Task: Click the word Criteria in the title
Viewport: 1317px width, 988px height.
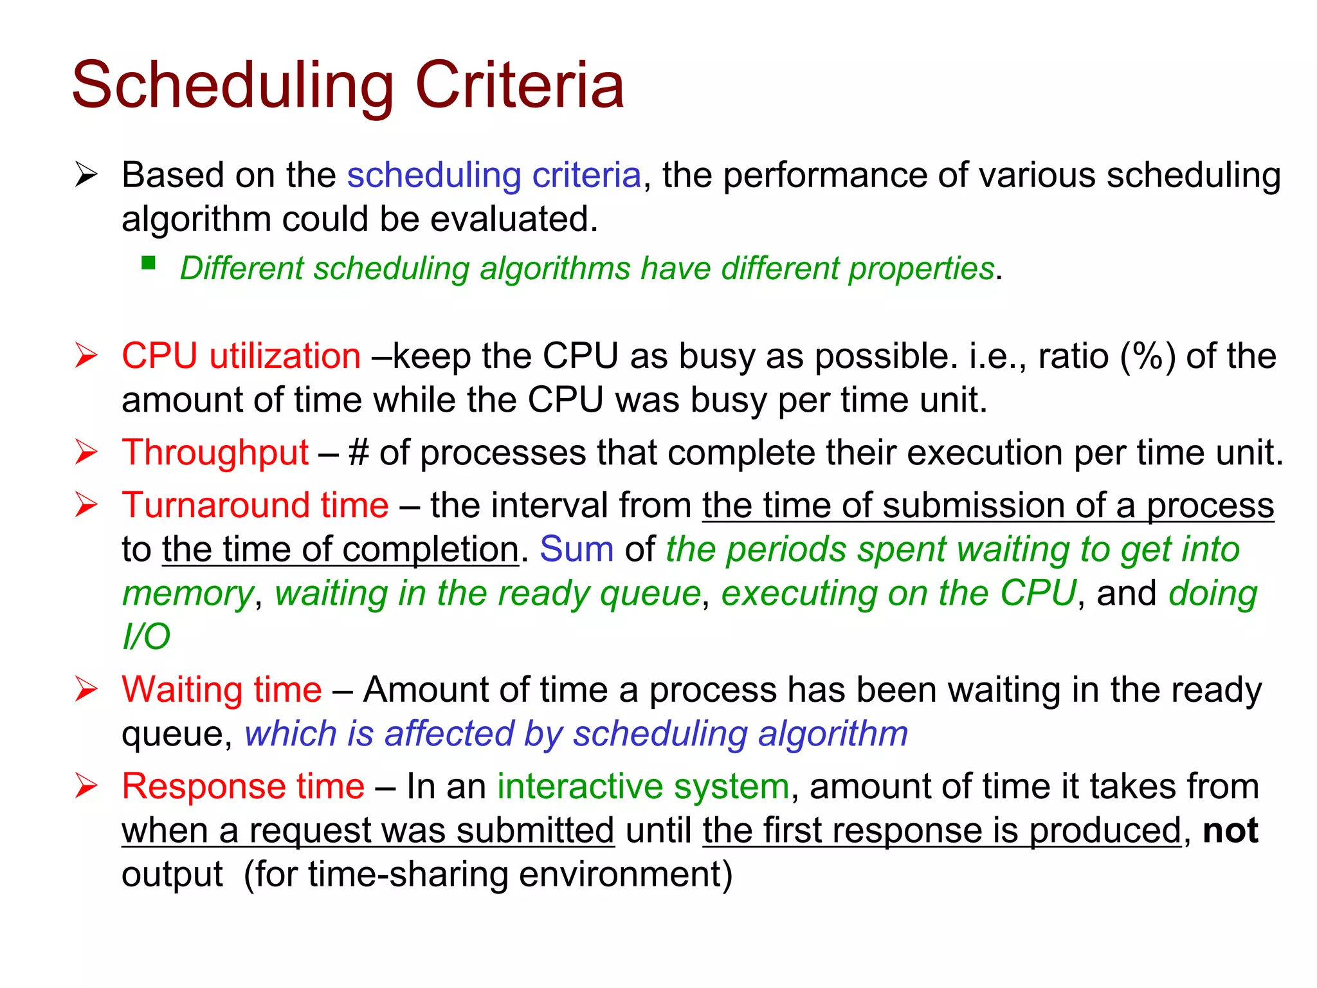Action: click(x=520, y=85)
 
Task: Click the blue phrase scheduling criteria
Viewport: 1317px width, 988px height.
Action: click(x=494, y=175)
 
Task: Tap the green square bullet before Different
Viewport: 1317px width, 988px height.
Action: click(x=149, y=262)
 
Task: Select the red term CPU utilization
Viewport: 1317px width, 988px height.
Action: click(x=241, y=356)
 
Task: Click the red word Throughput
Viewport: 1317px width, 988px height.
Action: click(x=215, y=452)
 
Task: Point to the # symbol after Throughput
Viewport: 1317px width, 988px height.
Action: click(x=358, y=452)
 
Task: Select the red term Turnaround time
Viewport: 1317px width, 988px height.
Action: click(x=255, y=505)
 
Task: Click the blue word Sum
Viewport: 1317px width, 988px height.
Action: click(x=576, y=549)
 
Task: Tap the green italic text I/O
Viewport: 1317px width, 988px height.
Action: click(x=146, y=637)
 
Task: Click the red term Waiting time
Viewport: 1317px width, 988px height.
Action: click(x=222, y=690)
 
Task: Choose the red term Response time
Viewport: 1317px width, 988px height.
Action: click(x=243, y=786)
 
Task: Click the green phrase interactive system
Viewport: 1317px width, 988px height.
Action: click(x=643, y=786)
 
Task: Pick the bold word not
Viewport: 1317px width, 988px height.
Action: click(x=1230, y=830)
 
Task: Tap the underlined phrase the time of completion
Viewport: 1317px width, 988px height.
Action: click(x=340, y=549)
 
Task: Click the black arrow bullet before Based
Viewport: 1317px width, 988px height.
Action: click(x=86, y=175)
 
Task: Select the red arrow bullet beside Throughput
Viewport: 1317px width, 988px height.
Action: click(x=86, y=452)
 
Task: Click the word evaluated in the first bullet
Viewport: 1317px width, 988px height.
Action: click(x=513, y=219)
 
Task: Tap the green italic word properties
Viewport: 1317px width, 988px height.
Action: click(x=921, y=268)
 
